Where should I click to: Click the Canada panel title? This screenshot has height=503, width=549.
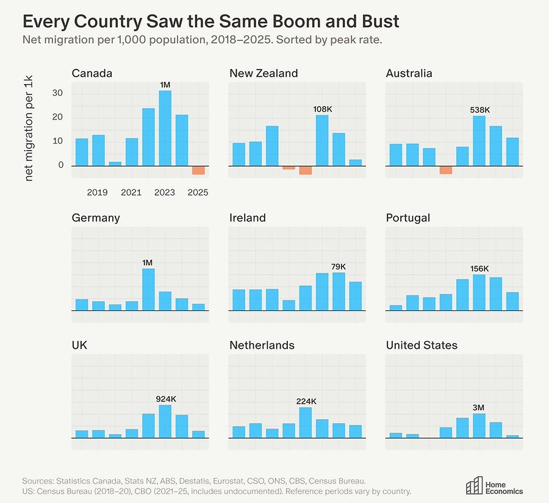click(92, 74)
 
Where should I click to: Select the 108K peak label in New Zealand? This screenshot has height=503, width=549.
click(322, 110)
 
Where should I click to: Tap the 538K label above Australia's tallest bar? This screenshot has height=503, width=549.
click(479, 110)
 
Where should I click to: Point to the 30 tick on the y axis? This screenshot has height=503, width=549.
click(58, 93)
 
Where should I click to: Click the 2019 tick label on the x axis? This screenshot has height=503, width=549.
click(98, 193)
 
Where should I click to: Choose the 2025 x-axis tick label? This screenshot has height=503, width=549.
click(198, 193)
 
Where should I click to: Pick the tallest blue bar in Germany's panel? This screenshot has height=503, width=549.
click(148, 290)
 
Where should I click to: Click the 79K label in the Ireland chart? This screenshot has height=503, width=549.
click(339, 267)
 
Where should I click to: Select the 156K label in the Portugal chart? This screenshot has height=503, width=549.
click(479, 269)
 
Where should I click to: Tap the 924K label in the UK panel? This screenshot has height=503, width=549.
click(165, 399)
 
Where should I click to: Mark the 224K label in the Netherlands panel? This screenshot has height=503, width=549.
click(306, 402)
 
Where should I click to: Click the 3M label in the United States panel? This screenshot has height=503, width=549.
click(479, 408)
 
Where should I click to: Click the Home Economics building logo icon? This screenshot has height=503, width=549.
click(474, 485)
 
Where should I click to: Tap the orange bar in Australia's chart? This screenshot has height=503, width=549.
click(446, 170)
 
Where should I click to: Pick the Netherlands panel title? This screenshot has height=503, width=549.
click(262, 346)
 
